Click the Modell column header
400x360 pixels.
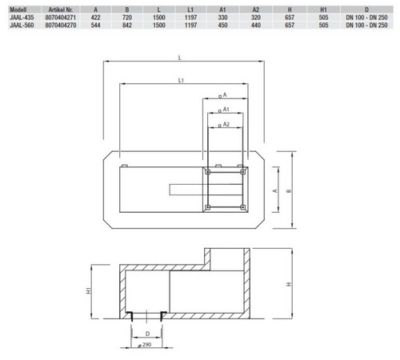pyautogui.click(x=18, y=10)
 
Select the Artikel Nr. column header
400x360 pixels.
pyautogui.click(x=61, y=10)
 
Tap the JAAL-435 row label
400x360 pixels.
pyautogui.click(x=22, y=18)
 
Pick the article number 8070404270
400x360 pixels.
pyautogui.click(x=61, y=25)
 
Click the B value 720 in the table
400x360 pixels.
pyautogui.click(x=127, y=18)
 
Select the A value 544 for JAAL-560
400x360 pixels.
pyautogui.click(x=95, y=25)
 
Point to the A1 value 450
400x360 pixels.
pyautogui.click(x=222, y=25)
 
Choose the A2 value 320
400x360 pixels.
pyautogui.click(x=256, y=18)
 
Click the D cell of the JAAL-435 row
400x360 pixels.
pyautogui.click(x=366, y=18)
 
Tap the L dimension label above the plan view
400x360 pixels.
pyautogui.click(x=180, y=58)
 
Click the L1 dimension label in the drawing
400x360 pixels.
pyautogui.click(x=181, y=80)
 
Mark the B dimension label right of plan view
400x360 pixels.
pyautogui.click(x=289, y=191)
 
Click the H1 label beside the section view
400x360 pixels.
pyautogui.click(x=89, y=290)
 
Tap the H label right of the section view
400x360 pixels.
pyautogui.click(x=289, y=284)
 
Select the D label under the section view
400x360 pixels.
pyautogui.click(x=147, y=334)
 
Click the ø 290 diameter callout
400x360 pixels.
pyautogui.click(x=145, y=345)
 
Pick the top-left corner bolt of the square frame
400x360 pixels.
pyautogui.click(x=208, y=172)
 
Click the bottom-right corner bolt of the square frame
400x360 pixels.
pyautogui.click(x=242, y=207)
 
